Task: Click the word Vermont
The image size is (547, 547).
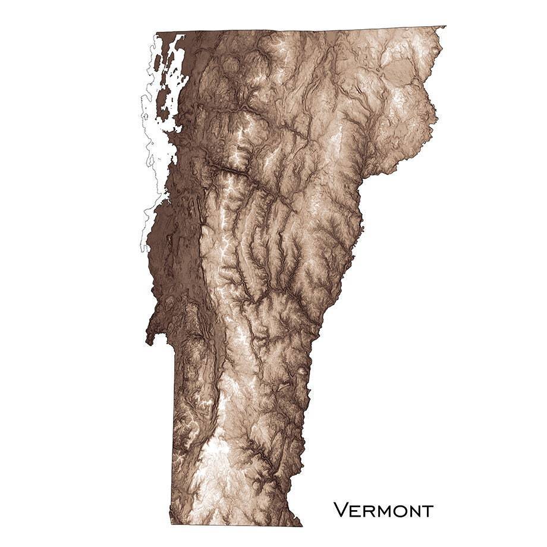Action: (x=383, y=510)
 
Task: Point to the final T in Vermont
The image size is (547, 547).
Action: (x=426, y=510)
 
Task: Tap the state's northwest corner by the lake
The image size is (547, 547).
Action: (x=156, y=33)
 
